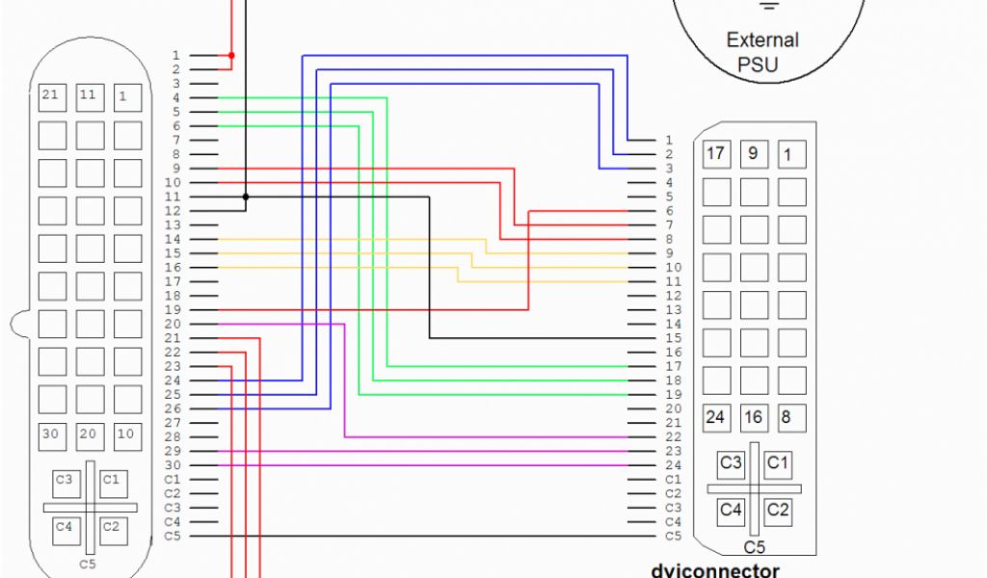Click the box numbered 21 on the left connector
(51, 95)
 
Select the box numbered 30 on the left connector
(51, 435)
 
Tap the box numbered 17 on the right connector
(715, 154)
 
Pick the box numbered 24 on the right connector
(715, 418)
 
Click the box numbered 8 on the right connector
(790, 418)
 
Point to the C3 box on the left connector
(65, 480)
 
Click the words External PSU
(761, 53)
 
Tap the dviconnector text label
(714, 570)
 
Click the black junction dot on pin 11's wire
(246, 197)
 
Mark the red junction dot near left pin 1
(231, 56)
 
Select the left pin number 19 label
(173, 310)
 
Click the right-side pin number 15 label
(673, 338)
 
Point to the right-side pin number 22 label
(673, 437)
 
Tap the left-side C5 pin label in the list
(173, 536)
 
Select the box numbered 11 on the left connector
(89, 95)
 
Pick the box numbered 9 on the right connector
(754, 154)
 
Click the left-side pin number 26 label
(173, 409)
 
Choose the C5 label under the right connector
(755, 548)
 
